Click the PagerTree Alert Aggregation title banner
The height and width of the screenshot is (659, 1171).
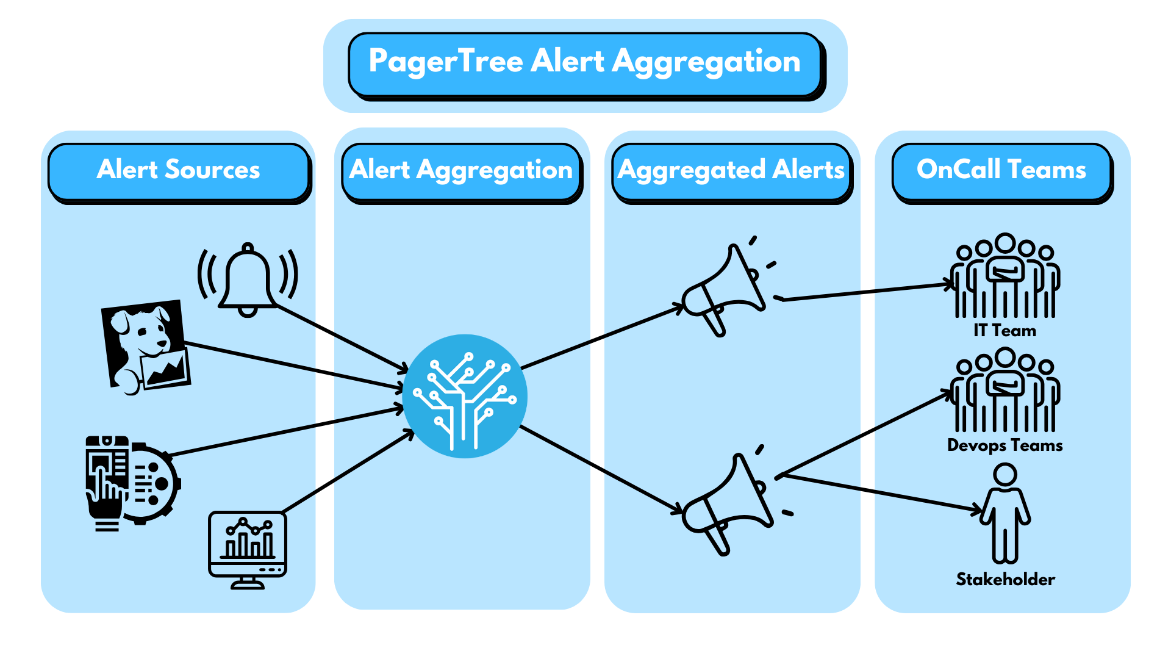[x=584, y=63]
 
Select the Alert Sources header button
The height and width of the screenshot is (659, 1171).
[x=178, y=170]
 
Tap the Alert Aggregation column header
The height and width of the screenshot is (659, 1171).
[x=460, y=170]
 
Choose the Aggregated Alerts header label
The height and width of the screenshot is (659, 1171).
[x=731, y=170]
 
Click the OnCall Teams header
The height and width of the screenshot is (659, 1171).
[x=1001, y=170]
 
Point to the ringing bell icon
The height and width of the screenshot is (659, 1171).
[x=248, y=280]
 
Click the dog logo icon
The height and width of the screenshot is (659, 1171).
[x=146, y=346]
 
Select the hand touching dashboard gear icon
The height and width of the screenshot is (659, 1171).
[x=131, y=482]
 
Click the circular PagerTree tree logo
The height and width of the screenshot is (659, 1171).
[x=465, y=396]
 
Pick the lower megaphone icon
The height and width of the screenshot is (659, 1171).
[x=729, y=503]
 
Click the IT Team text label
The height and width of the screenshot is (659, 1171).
[x=1004, y=331]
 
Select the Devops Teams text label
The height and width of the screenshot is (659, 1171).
[x=1004, y=445]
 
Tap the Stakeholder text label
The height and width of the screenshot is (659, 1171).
[x=1005, y=579]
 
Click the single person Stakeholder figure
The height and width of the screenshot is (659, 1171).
[x=1004, y=513]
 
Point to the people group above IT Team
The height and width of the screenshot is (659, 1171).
[x=1004, y=278]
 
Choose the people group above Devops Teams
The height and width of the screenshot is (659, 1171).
[x=1004, y=392]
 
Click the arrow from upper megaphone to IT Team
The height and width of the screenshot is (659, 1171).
[x=866, y=292]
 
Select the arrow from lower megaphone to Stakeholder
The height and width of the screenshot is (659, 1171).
[x=878, y=492]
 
